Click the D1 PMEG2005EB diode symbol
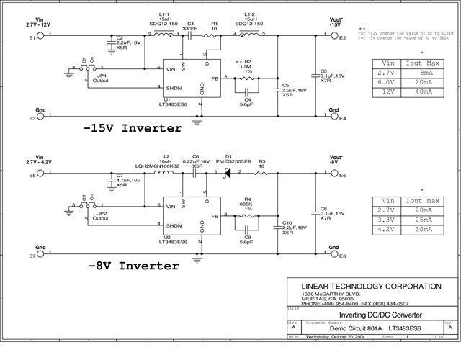[228, 174]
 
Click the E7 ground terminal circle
[40, 255]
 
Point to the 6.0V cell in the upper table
[387, 82]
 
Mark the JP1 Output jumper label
[102, 78]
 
